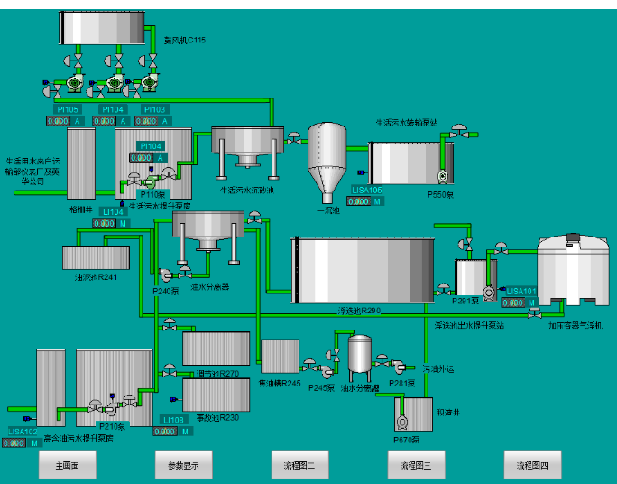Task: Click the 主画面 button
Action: (x=68, y=466)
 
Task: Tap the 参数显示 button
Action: (x=184, y=466)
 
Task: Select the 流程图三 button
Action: (x=416, y=466)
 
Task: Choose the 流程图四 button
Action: (x=532, y=466)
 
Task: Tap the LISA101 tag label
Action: (x=521, y=291)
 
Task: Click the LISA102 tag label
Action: (x=24, y=432)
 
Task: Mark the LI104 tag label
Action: (x=112, y=212)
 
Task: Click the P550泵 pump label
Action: (x=440, y=192)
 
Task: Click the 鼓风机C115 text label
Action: (x=185, y=40)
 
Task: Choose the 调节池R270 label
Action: (x=215, y=372)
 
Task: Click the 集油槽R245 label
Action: (x=279, y=382)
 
